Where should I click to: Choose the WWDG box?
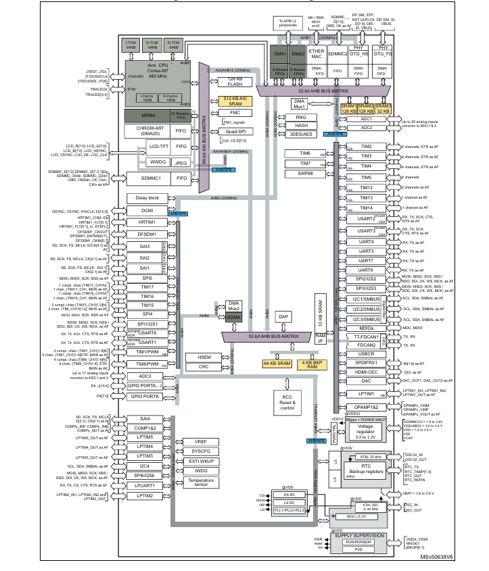[x=158, y=162]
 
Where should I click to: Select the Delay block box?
[x=147, y=198]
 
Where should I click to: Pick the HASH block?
[x=302, y=126]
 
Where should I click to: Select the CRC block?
[x=204, y=367]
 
